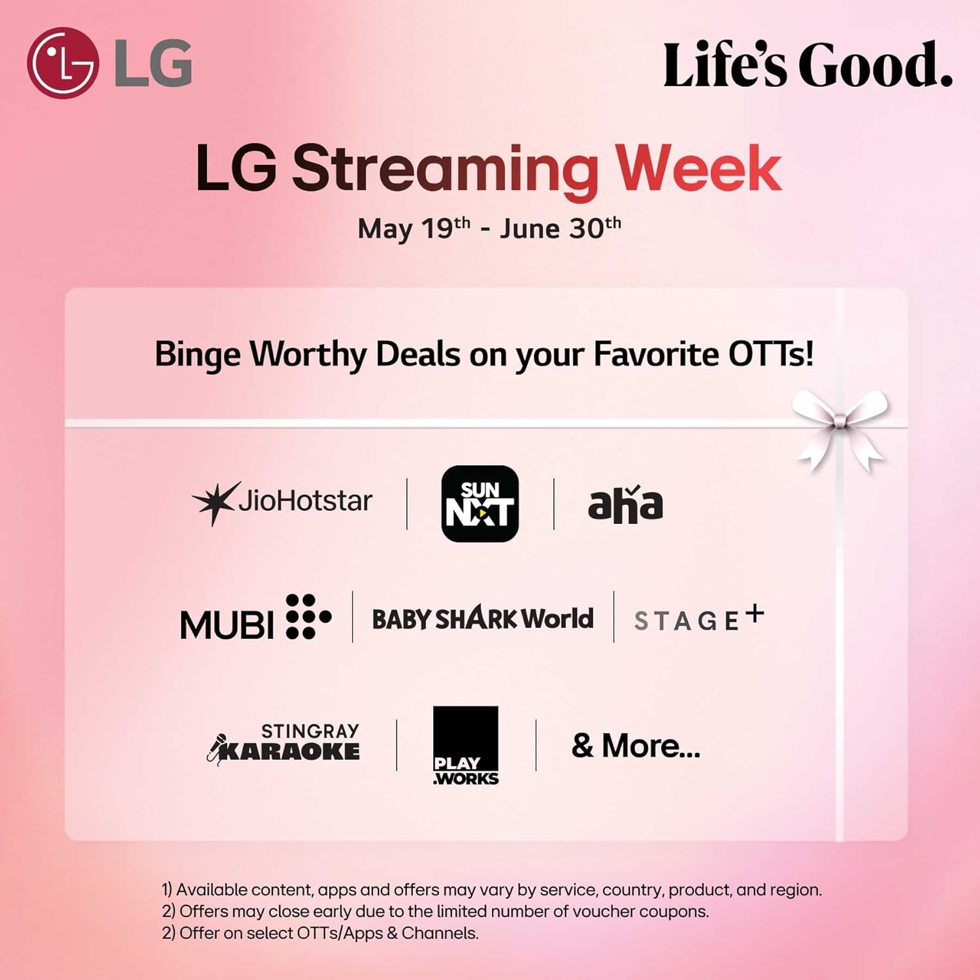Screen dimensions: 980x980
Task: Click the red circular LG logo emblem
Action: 63,63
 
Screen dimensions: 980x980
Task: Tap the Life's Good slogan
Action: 808,65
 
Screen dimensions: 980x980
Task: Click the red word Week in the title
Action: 698,169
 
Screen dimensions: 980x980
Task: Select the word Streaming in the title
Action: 444,169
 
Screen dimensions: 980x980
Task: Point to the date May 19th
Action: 414,228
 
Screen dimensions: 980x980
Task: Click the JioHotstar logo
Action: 282,502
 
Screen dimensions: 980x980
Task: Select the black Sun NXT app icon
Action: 480,503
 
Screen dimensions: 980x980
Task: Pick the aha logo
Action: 625,504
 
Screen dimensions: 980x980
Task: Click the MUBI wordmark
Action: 255,618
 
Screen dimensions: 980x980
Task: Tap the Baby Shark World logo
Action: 483,618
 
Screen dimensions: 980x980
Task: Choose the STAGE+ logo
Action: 698,618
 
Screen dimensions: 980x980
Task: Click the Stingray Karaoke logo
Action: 284,743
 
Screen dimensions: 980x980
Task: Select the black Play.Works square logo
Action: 466,745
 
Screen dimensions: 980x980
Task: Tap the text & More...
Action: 636,745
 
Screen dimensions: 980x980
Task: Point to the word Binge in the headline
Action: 197,355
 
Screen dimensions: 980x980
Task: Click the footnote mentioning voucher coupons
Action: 435,911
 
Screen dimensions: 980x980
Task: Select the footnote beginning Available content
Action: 491,889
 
